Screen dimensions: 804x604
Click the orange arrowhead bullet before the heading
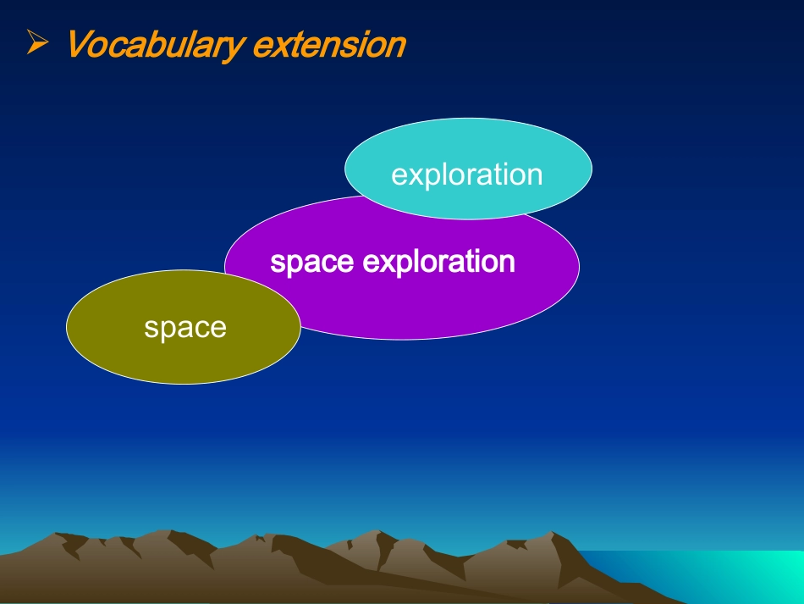coord(37,42)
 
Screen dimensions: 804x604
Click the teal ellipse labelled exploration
coord(468,169)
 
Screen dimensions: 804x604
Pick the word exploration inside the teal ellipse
coord(466,175)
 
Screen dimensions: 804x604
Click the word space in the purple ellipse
coord(311,263)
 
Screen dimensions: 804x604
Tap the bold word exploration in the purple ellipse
coord(438,262)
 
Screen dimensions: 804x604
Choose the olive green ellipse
coord(184,327)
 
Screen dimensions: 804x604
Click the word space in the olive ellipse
coord(185,329)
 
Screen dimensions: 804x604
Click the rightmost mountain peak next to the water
coord(552,533)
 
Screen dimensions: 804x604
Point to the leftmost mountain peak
coord(55,535)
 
